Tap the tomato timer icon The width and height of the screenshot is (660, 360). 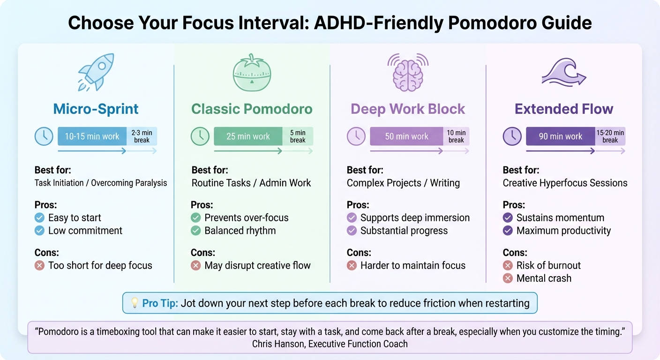[252, 73]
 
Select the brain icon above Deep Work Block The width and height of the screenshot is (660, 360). [407, 72]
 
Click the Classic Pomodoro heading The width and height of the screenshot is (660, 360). [252, 109]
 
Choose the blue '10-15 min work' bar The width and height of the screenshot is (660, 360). [92, 136]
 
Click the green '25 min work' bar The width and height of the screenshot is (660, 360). [248, 136]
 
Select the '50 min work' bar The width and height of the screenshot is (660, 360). [406, 136]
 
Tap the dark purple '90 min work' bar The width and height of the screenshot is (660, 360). [560, 136]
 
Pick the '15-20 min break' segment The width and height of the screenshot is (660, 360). [610, 136]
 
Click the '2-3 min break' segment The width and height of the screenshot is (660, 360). [142, 136]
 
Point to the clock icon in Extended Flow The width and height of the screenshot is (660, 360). [512, 136]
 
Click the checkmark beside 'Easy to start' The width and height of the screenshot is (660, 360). [39, 217]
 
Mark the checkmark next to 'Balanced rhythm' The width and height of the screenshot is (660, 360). [195, 231]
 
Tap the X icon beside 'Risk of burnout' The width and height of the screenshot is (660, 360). [507, 265]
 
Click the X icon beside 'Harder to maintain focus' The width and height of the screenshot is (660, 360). [352, 265]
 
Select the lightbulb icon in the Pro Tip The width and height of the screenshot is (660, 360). [134, 303]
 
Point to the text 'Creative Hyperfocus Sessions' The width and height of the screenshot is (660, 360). [565, 183]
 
